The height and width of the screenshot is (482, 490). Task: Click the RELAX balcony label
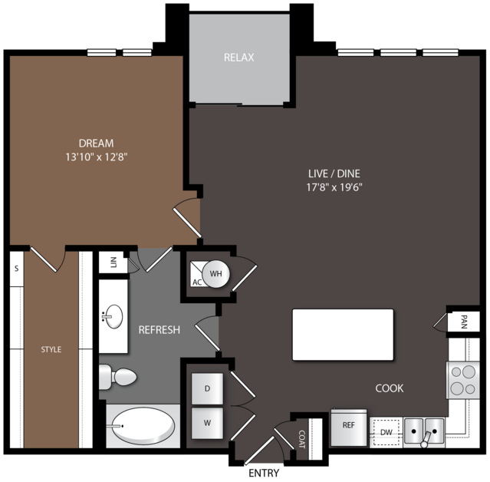(238, 58)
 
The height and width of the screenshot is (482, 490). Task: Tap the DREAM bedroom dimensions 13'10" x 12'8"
(97, 157)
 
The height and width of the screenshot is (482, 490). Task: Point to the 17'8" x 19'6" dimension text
(334, 187)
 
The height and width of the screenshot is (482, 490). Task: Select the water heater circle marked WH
(216, 274)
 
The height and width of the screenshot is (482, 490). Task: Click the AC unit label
(197, 282)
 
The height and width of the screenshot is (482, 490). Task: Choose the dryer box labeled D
(207, 388)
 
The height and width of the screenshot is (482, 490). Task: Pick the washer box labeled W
(207, 423)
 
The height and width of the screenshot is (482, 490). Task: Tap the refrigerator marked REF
(348, 427)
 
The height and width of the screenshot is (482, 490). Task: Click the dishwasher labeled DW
(386, 433)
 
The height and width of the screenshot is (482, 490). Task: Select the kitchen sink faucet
(426, 439)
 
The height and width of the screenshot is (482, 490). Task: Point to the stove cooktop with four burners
(463, 380)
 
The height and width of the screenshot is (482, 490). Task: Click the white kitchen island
(343, 335)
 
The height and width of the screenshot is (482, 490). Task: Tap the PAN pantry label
(464, 322)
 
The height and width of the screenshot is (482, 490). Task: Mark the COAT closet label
(302, 439)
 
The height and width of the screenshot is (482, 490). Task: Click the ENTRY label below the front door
(264, 474)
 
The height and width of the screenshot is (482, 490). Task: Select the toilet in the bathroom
(117, 377)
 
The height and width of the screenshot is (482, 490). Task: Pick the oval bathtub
(143, 426)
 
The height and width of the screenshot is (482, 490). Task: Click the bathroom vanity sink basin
(113, 316)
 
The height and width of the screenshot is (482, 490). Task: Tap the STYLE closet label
(51, 349)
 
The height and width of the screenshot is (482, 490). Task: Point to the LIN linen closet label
(113, 262)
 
